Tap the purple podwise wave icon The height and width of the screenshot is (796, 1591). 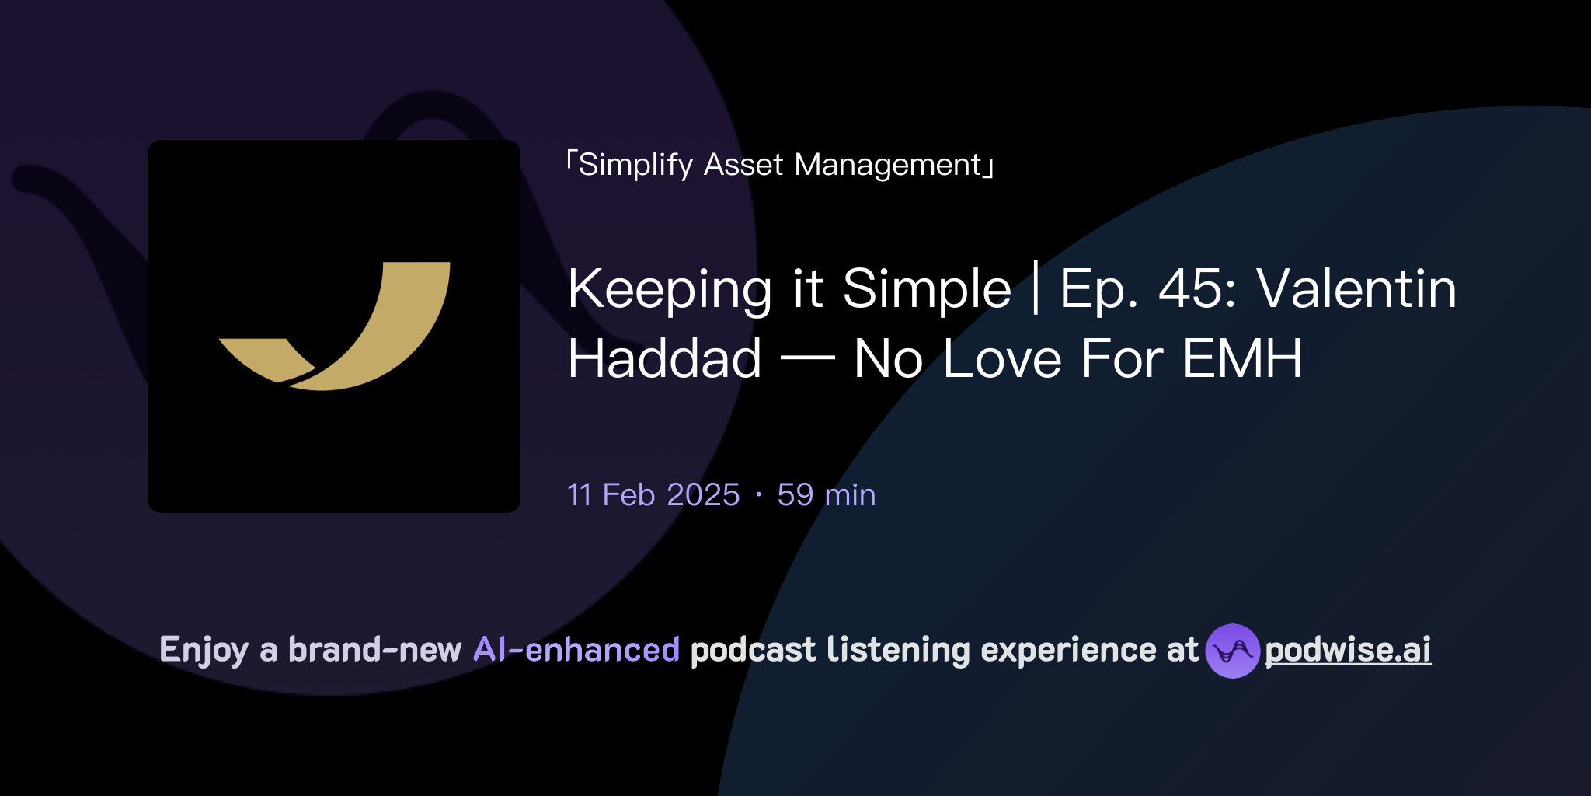click(1232, 651)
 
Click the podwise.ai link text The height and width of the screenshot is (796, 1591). click(1348, 650)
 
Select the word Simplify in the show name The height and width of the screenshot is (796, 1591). click(635, 166)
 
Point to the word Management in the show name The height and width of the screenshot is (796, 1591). click(888, 166)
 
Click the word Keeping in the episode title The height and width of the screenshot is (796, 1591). click(670, 290)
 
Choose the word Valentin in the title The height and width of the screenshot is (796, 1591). click(1356, 289)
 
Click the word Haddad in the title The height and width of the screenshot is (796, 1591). click(664, 359)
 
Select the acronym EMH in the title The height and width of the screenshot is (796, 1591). click(1242, 359)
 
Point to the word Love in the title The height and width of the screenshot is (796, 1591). click(1002, 359)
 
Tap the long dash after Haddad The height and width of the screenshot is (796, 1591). click(807, 359)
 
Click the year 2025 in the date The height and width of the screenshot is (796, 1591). click(703, 495)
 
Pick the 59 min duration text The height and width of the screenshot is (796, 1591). click(826, 495)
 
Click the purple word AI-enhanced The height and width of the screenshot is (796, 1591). click(576, 650)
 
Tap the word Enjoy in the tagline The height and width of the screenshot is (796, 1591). click(204, 650)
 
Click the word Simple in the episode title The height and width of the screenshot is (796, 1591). click(927, 290)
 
